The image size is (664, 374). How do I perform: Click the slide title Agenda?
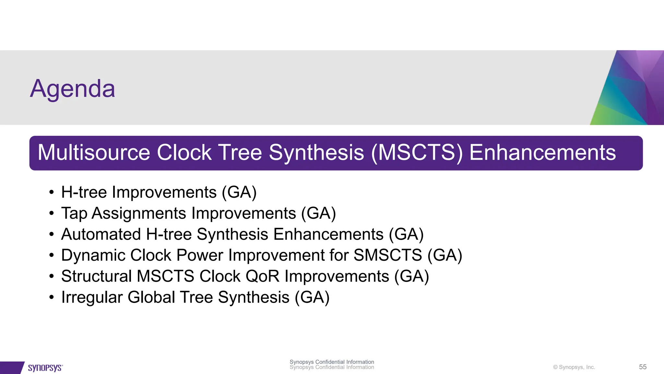pos(73,89)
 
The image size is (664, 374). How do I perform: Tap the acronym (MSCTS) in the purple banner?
pos(417,153)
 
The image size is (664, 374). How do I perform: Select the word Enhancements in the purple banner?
pos(542,153)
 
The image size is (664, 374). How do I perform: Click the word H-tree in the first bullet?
pos(84,192)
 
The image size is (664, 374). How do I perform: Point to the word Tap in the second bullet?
pos(74,214)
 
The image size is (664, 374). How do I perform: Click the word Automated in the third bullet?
pos(101,234)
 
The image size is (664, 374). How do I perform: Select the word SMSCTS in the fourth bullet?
pos(388,255)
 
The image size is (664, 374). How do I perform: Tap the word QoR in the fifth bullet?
pos(262,276)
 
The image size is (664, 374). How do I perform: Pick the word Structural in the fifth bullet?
pos(96,276)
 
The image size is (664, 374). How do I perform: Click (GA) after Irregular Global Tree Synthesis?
pos(312,297)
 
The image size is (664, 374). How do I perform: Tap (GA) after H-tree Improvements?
pos(239,192)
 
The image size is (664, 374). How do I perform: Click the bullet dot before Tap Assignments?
pos(51,214)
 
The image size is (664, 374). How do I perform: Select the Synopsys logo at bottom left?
pos(45,368)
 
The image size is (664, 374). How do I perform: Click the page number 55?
pos(643,367)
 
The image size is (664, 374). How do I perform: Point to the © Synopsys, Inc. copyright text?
pos(574,367)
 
